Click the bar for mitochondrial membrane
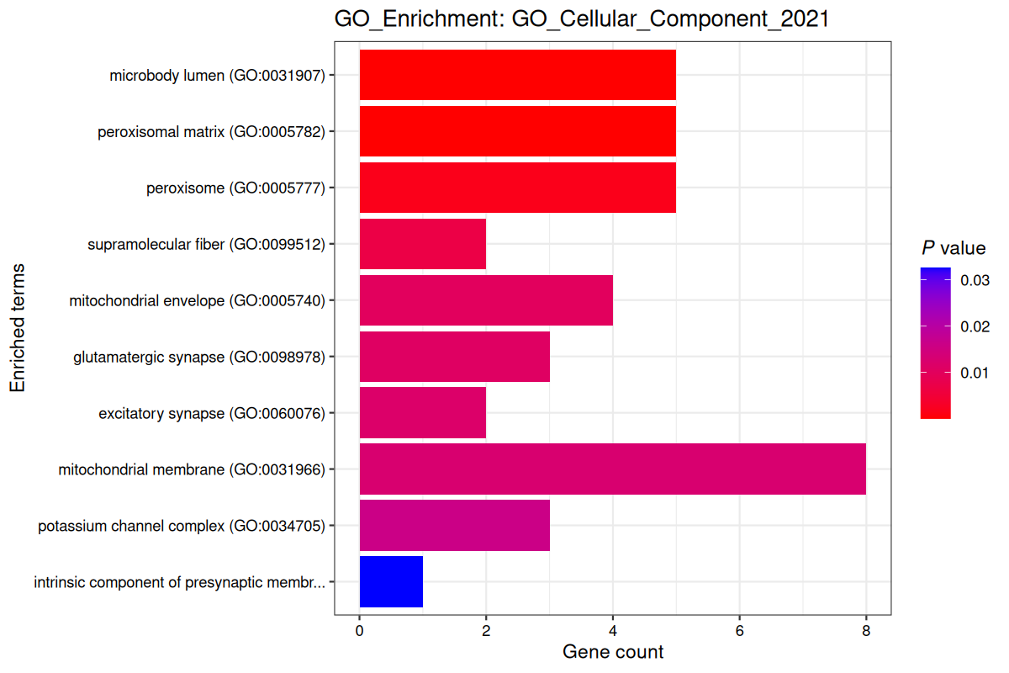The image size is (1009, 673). pos(612,469)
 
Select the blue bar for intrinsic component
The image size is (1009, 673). pos(391,582)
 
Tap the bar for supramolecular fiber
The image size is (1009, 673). pos(422,244)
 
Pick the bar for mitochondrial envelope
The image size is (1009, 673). pos(486,300)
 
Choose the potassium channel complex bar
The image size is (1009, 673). pos(454,526)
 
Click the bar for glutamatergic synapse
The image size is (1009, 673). pos(454,357)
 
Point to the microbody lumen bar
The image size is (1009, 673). pos(517,75)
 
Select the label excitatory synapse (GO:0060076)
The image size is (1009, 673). pos(211,413)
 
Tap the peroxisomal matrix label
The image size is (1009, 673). pos(211,131)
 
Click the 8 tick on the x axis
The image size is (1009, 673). pos(865,631)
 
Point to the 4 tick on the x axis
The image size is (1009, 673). pos(612,631)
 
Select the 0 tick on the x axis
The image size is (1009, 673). pos(360,631)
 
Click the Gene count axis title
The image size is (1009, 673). pos(612,652)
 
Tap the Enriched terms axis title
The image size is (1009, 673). pos(18,328)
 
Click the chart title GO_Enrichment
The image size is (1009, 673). pos(582,19)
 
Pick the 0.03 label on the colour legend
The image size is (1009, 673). pos(975,279)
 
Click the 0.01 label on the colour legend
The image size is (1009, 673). pos(975,373)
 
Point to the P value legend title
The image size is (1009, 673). pos(953,248)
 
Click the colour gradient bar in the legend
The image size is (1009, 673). pos(936,342)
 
